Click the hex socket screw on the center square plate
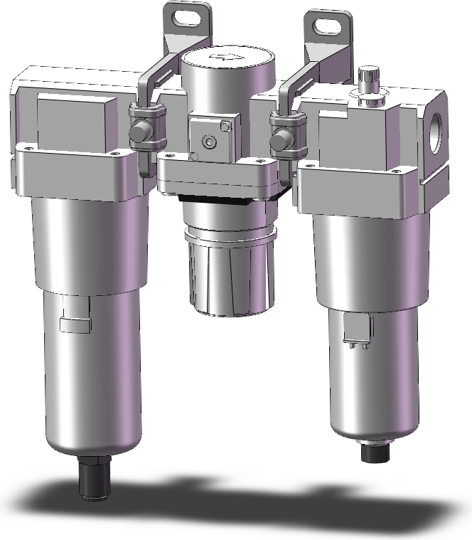208,143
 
